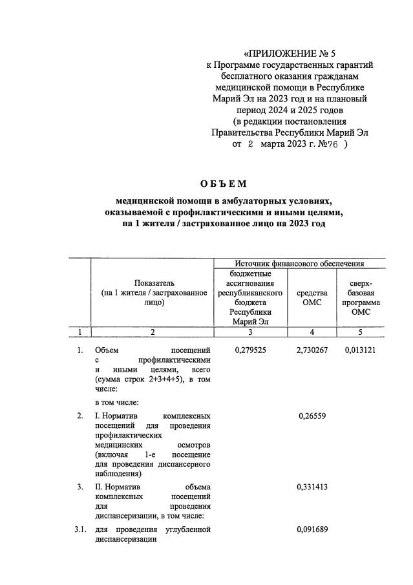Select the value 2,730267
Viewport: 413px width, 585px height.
tap(312, 350)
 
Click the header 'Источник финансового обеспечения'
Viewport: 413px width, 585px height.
tap(299, 263)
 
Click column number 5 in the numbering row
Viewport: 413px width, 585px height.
tap(361, 332)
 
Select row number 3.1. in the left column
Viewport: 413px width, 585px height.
tap(80, 530)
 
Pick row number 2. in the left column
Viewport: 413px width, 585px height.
tap(80, 416)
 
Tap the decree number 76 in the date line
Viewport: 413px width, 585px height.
tap(332, 145)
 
